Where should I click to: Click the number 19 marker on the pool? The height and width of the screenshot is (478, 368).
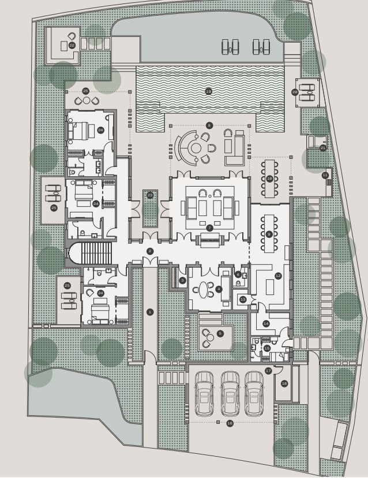tap(208, 92)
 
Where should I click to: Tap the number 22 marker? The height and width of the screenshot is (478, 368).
tap(72, 45)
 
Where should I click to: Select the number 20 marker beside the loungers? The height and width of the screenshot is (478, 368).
tap(295, 92)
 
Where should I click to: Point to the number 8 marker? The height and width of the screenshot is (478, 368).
tap(209, 126)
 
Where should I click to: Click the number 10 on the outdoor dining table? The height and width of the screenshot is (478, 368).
tap(269, 179)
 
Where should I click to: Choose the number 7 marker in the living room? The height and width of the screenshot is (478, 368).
tap(209, 228)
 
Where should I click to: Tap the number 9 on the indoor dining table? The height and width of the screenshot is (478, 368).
tap(269, 234)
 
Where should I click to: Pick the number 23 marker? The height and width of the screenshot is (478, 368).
tap(150, 195)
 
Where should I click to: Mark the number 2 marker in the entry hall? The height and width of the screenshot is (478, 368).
tap(150, 251)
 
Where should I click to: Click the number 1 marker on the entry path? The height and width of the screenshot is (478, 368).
tap(150, 312)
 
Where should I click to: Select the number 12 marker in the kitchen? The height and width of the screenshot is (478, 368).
tap(278, 276)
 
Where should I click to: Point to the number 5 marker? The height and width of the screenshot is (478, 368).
tap(220, 333)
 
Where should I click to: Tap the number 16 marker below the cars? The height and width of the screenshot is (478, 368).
tap(230, 423)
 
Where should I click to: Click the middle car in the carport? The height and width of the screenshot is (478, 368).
tap(230, 393)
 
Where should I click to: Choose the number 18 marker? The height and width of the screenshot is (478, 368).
tap(284, 384)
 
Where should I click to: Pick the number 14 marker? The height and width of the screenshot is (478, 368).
tap(266, 324)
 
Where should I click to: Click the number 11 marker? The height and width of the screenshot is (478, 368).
tap(325, 175)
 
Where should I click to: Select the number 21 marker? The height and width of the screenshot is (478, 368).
tap(323, 147)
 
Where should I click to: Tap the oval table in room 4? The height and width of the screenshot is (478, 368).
tap(204, 289)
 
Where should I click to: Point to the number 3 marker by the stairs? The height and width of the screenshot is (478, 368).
tap(182, 280)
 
